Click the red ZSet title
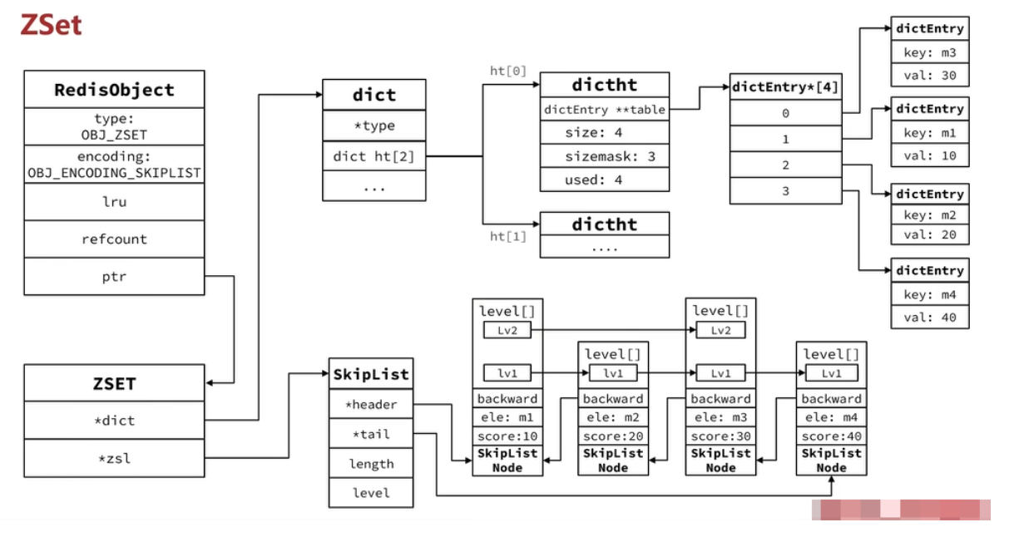52,24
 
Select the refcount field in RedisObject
114,239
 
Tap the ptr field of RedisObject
114,276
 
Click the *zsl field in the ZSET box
114,457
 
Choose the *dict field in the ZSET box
114,421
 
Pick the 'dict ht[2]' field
373,155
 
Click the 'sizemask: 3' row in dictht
605,155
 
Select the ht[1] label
508,237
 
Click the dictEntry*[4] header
785,86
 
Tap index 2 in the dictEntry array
785,165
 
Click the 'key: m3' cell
930,52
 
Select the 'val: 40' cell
930,317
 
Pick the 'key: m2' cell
930,215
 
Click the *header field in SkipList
371,405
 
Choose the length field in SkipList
371,464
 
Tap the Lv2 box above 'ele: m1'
507,331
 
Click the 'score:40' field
831,436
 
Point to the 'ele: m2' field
613,418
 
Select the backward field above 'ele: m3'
720,399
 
